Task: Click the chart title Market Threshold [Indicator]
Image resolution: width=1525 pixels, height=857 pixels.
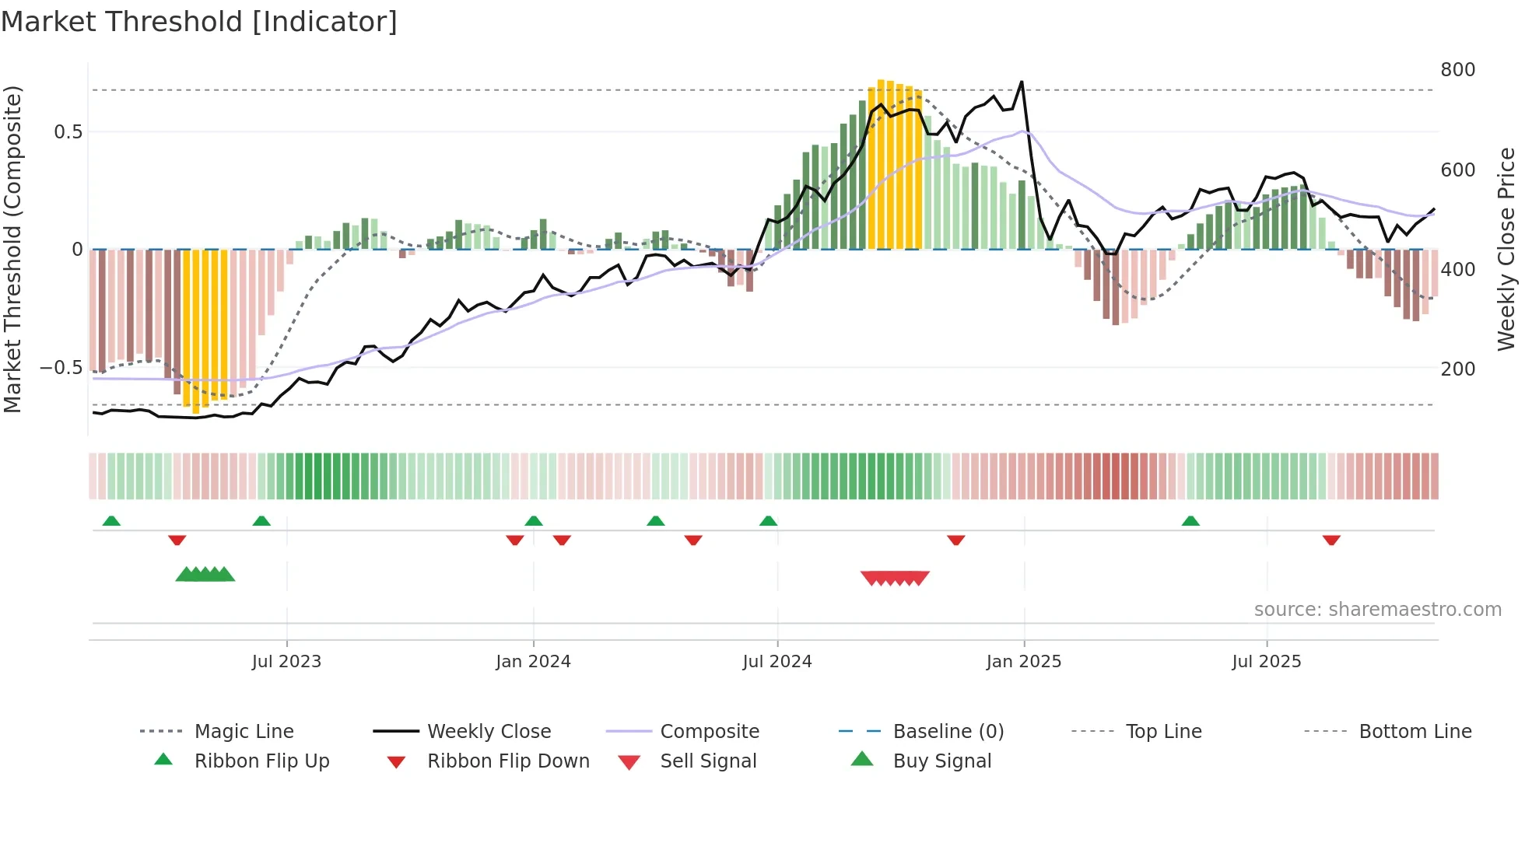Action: pyautogui.click(x=199, y=22)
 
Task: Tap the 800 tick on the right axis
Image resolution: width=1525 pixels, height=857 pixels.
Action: pyautogui.click(x=1457, y=70)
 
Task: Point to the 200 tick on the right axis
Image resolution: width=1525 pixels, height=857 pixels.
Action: pyautogui.click(x=1457, y=369)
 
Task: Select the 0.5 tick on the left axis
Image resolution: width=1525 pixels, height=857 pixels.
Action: pyautogui.click(x=68, y=132)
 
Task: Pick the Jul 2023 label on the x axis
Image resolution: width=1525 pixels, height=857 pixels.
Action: pyautogui.click(x=286, y=662)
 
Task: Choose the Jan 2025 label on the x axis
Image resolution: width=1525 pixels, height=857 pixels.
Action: pyautogui.click(x=1023, y=662)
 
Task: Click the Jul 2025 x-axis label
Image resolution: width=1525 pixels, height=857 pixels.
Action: pyautogui.click(x=1266, y=662)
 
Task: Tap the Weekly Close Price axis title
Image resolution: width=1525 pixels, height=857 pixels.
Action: pyautogui.click(x=1506, y=249)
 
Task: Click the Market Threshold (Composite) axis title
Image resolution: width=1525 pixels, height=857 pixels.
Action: pyautogui.click(x=12, y=249)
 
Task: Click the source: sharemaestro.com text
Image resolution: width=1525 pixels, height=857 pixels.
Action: pyautogui.click(x=1377, y=610)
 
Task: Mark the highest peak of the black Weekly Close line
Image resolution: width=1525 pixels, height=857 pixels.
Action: pyautogui.click(x=1022, y=82)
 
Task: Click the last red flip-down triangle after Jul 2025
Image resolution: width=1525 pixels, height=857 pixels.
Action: pyautogui.click(x=1331, y=540)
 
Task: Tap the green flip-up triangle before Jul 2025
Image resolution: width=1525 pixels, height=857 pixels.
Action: pyautogui.click(x=1190, y=521)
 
